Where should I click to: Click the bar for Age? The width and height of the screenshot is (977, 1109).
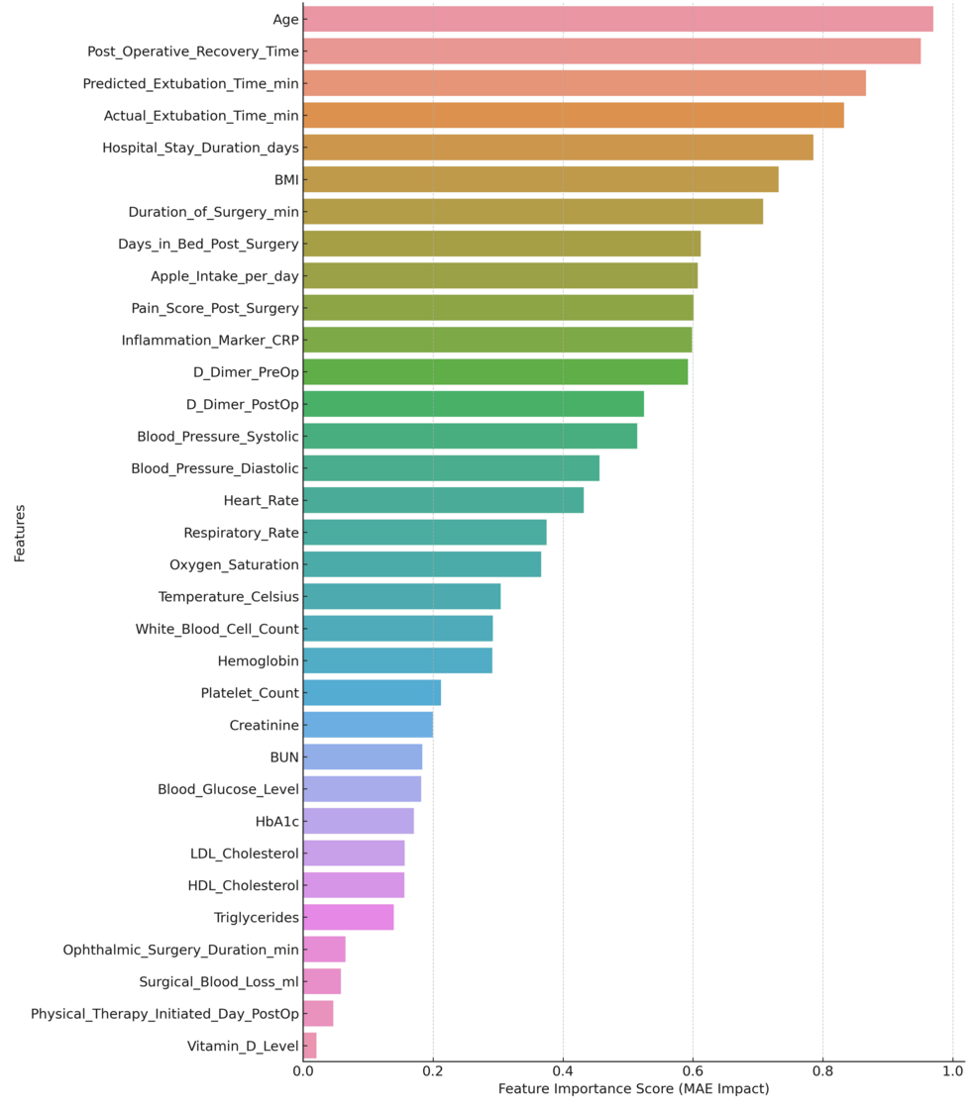click(x=617, y=19)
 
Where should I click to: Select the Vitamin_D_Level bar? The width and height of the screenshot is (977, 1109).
click(x=310, y=1046)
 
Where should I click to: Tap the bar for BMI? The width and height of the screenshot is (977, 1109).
click(x=540, y=179)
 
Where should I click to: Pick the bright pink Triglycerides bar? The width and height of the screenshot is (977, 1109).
click(x=349, y=917)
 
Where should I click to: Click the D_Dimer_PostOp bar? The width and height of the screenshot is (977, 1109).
click(x=474, y=404)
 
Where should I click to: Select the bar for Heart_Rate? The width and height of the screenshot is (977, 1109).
click(x=443, y=500)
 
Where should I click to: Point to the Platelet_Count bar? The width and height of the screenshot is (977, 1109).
click(x=372, y=693)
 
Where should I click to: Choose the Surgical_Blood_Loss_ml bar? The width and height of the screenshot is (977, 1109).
click(x=322, y=981)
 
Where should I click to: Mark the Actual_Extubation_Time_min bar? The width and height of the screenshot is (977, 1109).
click(x=573, y=116)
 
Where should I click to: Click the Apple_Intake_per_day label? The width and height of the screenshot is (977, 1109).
click(x=224, y=276)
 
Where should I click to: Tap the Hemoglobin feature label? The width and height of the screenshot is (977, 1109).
click(x=258, y=660)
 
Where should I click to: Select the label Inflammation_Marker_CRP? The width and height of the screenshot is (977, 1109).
click(x=210, y=340)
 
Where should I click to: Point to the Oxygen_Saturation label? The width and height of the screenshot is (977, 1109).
click(x=234, y=564)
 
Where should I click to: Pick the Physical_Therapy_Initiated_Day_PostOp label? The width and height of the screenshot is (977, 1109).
click(x=164, y=1014)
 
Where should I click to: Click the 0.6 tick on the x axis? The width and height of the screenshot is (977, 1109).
click(x=693, y=1071)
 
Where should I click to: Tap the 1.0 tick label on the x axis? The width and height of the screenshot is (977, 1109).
click(x=952, y=1071)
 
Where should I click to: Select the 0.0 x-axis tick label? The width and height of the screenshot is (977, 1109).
click(x=303, y=1071)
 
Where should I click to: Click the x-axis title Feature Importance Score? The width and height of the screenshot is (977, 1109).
click(x=633, y=1089)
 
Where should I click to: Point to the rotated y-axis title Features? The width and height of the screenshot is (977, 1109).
click(x=20, y=533)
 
